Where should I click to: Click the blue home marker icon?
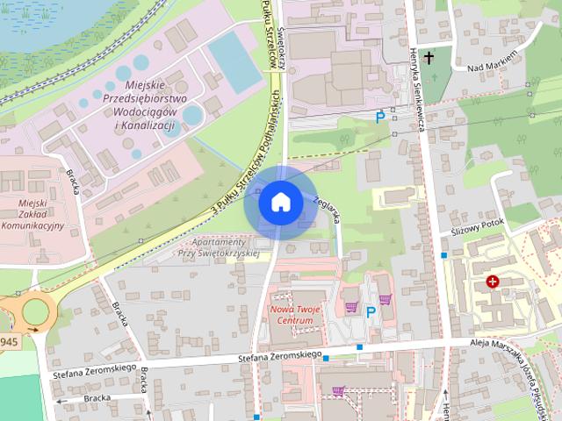[280, 202]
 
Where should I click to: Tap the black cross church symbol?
[429, 58]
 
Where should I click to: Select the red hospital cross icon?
[493, 282]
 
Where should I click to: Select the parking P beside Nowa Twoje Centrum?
[371, 311]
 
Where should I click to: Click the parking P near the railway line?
[380, 116]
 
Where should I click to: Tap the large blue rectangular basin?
[234, 62]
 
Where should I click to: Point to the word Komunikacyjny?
[32, 225]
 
